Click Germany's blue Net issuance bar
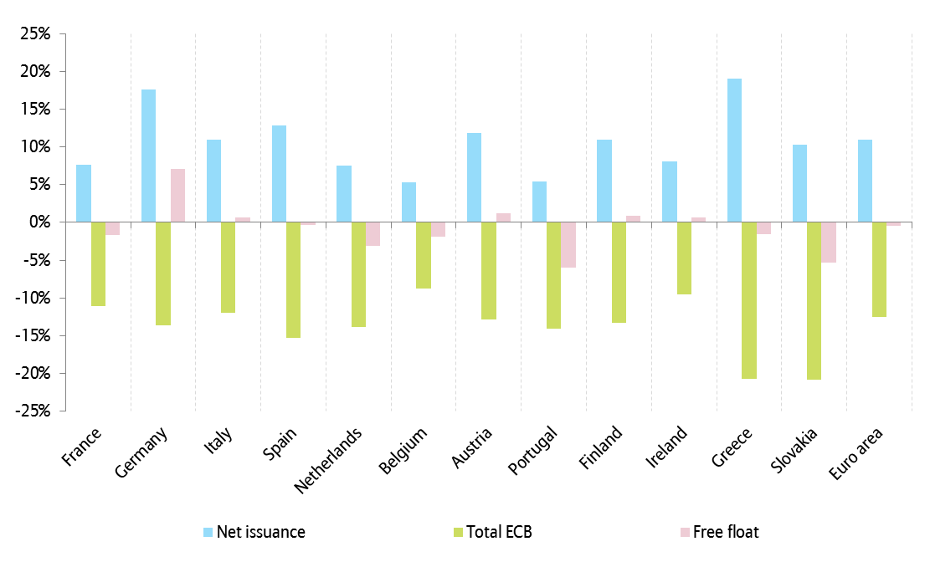click(148, 156)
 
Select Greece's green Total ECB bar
click(748, 300)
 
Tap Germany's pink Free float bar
click(177, 196)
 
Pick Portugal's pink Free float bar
click(568, 244)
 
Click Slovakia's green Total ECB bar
click(814, 300)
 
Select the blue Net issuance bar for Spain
click(279, 174)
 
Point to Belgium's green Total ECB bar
click(424, 255)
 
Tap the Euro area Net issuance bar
click(865, 181)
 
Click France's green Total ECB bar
click(98, 263)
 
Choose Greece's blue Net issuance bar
click(734, 151)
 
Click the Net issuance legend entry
click(254, 532)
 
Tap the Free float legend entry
click(718, 532)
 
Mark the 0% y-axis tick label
click(41, 222)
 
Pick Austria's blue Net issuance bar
click(474, 177)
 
